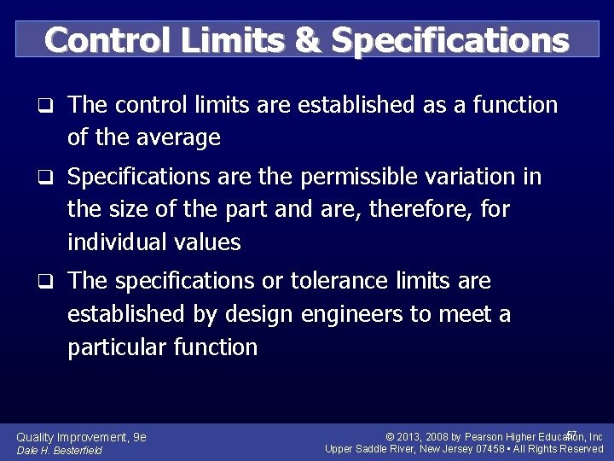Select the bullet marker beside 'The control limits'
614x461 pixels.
[50, 107]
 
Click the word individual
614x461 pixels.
[119, 242]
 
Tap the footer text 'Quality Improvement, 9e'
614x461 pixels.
[82, 437]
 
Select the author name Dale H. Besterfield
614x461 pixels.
[59, 451]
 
